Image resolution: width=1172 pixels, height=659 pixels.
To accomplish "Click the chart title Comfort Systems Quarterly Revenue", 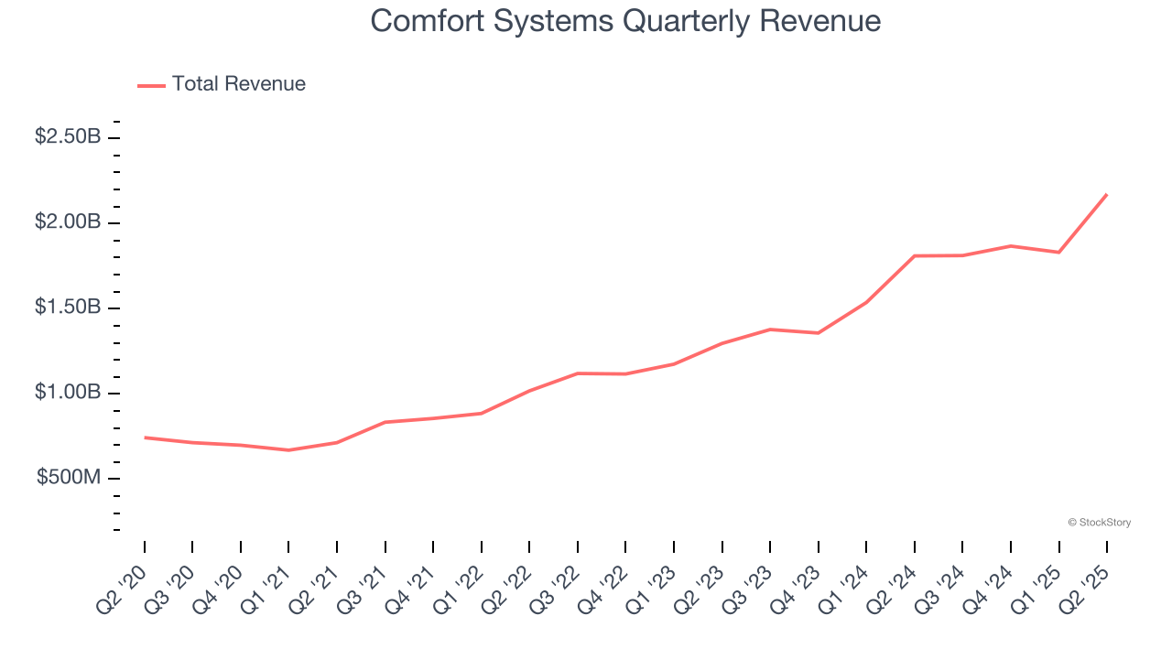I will coord(625,21).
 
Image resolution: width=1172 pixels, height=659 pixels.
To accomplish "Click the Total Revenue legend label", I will coord(238,84).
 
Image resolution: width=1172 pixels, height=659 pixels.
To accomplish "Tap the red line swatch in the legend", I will coord(151,85).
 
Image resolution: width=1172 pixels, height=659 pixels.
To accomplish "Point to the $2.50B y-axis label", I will coord(68,137).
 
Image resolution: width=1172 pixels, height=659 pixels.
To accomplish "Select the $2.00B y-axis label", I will coord(68,222).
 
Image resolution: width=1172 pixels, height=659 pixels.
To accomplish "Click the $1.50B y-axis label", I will coord(68,308).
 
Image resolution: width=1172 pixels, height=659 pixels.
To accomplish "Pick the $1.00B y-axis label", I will coord(68,393).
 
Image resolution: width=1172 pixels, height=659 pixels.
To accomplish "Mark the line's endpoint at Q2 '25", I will coord(1107,194).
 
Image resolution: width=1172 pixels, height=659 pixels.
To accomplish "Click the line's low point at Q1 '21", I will coord(288,450).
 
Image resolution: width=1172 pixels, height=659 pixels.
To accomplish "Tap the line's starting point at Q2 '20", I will coord(145,438).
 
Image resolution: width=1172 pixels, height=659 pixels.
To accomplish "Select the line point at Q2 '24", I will coord(915,255).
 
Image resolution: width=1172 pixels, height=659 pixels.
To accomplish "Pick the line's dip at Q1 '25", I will coord(1058,252).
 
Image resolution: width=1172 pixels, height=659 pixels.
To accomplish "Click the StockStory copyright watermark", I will coord(1099,523).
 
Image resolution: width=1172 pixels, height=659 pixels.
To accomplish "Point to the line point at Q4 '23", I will coord(818,333).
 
